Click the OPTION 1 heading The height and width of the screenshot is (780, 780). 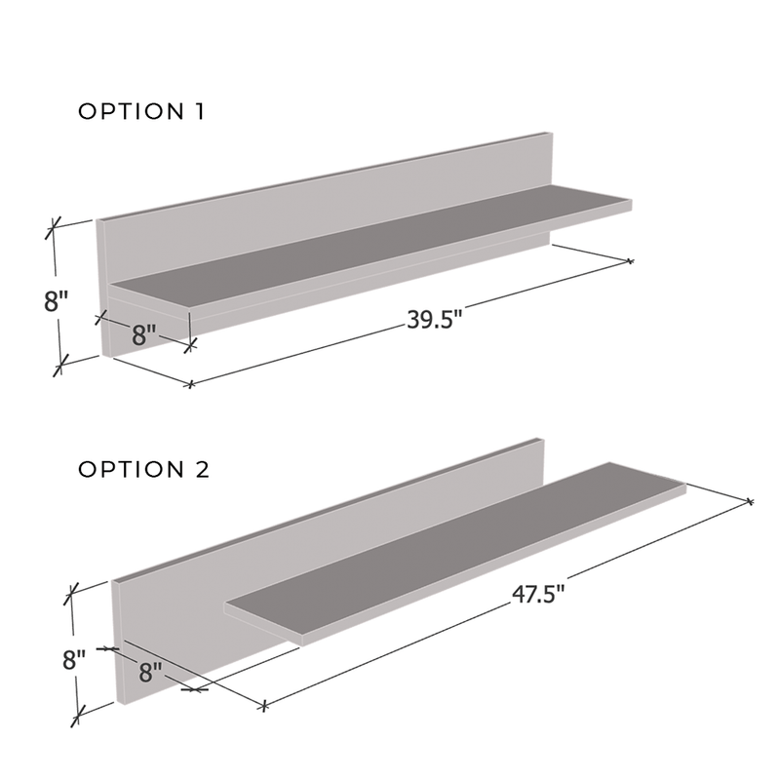click(x=141, y=111)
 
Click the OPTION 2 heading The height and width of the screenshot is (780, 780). click(x=143, y=470)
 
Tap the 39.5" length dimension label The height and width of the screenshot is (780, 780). click(x=435, y=319)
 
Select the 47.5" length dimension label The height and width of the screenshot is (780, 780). click(x=539, y=594)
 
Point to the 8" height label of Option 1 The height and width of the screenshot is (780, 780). click(x=56, y=301)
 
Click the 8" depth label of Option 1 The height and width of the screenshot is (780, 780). click(x=144, y=334)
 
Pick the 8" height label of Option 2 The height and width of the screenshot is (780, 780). click(x=74, y=660)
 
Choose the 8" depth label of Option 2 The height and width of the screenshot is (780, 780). click(x=151, y=672)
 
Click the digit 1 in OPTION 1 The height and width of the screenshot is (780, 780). click(x=200, y=111)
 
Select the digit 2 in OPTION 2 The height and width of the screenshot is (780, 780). click(x=203, y=470)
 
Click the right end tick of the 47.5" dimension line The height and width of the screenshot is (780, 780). click(x=750, y=501)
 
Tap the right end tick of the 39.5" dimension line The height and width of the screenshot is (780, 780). click(x=630, y=260)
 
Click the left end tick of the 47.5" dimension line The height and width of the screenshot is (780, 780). click(x=264, y=705)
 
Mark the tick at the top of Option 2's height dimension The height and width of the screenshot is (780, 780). click(x=71, y=594)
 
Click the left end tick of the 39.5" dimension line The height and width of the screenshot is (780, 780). click(x=189, y=383)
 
